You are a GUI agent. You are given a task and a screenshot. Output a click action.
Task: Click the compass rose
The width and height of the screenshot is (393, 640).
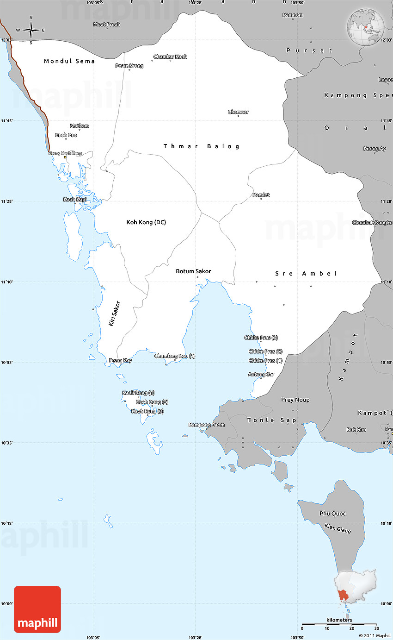point(31,30)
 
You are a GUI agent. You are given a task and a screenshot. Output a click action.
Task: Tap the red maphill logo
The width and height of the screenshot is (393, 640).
point(37,609)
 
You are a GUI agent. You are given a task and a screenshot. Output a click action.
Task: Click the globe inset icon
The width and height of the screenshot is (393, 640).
point(365,27)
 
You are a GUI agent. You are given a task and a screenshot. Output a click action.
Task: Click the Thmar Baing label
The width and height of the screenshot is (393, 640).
point(202,146)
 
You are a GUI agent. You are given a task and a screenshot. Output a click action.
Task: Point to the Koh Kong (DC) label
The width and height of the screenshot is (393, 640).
point(146,222)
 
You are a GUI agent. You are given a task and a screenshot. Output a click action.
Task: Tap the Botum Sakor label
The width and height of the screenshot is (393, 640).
point(193,271)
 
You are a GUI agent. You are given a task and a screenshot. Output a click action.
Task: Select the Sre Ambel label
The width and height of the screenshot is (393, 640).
point(306,274)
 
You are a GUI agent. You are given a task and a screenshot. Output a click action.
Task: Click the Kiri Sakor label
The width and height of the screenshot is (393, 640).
point(114,314)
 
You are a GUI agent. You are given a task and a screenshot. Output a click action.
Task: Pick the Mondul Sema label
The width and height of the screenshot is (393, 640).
point(69,61)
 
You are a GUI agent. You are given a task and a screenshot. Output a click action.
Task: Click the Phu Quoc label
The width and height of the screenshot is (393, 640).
point(332,514)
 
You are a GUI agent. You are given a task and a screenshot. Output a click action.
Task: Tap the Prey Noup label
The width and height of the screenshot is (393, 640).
point(295,400)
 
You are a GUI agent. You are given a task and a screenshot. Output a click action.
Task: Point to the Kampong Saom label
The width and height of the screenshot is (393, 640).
point(207,425)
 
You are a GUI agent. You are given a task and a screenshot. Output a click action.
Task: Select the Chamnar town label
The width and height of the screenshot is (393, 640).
point(238,112)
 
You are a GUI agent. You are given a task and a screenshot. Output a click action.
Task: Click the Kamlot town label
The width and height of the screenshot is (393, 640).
point(261,195)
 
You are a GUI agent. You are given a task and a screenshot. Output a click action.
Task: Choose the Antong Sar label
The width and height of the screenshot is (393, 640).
point(261,374)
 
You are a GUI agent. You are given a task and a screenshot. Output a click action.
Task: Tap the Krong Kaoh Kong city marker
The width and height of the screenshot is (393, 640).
point(65,157)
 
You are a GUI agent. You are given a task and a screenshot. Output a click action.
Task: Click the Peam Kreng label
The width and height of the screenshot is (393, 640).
point(129,66)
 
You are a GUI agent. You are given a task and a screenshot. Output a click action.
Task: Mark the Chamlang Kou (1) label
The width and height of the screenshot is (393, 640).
point(174,356)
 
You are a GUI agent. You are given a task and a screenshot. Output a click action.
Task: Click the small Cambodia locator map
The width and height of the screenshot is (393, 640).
point(356,587)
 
